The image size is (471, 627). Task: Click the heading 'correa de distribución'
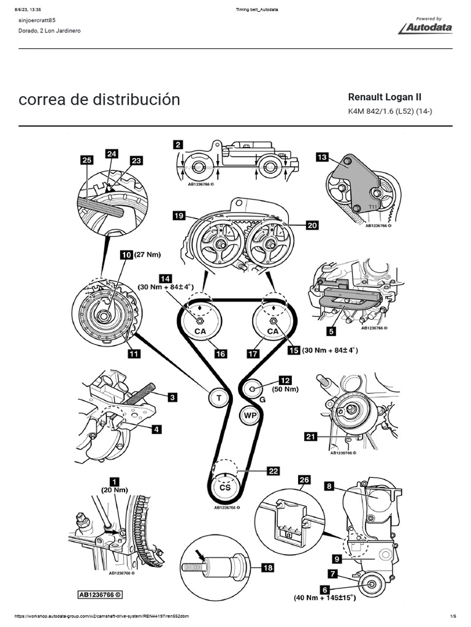click(99, 100)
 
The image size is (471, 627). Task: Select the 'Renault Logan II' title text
click(385, 97)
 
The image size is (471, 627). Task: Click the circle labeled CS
click(224, 487)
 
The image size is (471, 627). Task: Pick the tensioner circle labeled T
click(218, 398)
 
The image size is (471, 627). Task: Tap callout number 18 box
click(267, 568)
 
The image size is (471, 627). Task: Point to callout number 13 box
click(322, 157)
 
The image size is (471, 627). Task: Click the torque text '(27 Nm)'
click(147, 253)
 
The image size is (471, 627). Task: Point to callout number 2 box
click(178, 145)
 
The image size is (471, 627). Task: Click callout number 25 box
click(87, 160)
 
